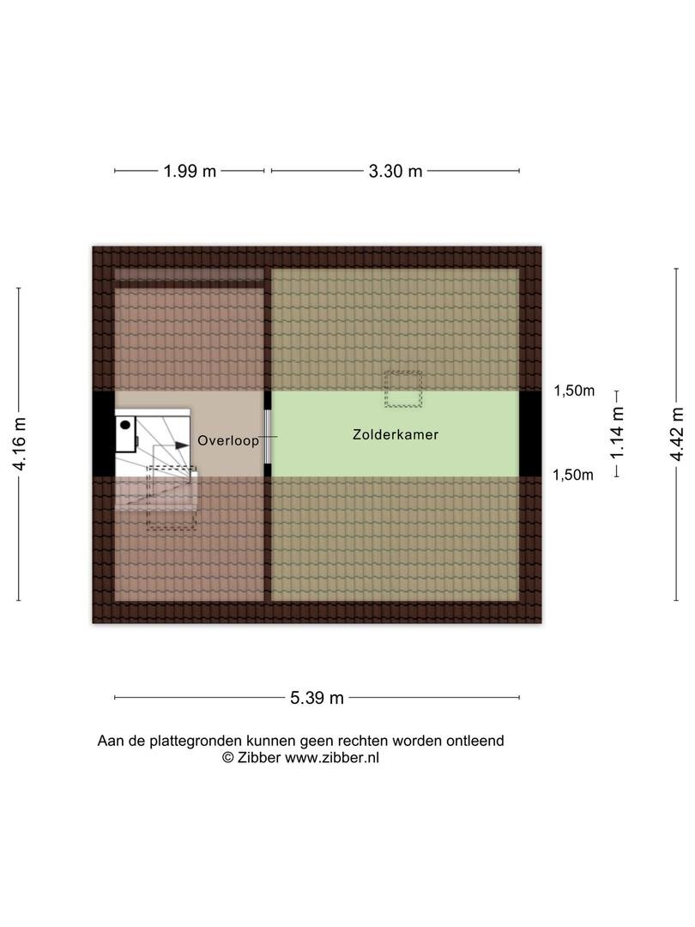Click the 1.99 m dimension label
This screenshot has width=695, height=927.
pos(190,172)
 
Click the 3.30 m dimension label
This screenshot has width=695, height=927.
pos(396,172)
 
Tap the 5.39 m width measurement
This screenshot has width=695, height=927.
pos(317,698)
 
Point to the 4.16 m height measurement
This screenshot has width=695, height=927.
pos(20,444)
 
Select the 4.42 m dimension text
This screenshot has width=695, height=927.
pos(677,434)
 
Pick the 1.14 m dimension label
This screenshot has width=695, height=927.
pos(617,433)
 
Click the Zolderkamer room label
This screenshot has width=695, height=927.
pos(396,434)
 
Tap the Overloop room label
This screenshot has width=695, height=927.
pos(228,441)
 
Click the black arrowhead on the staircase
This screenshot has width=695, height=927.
pos(182,445)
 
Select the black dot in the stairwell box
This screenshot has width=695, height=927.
pos(124,425)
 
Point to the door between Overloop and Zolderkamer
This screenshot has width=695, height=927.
pos(268,437)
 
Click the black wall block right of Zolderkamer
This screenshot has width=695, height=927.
pos(530,434)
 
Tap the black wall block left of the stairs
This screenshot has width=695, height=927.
pos(104,434)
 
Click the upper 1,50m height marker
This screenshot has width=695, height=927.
pos(574,391)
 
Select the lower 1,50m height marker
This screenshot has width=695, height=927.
pos(572,476)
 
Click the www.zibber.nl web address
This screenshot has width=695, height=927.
pos(332,758)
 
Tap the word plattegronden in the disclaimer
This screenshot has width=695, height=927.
pos(196,742)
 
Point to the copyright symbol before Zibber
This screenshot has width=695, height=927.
pos(228,758)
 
